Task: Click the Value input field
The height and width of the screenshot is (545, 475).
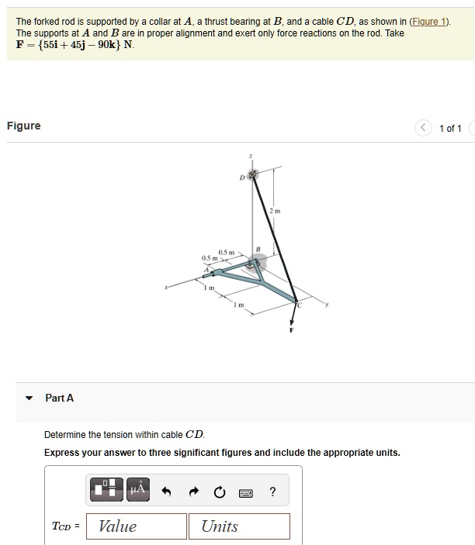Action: (x=137, y=526)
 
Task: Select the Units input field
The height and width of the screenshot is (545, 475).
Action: (x=239, y=526)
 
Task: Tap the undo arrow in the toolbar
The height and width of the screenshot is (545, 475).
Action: (x=166, y=491)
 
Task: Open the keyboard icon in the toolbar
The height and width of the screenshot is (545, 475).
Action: (x=245, y=492)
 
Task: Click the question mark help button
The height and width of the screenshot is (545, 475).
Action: (x=272, y=491)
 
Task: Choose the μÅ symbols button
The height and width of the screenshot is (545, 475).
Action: (x=137, y=488)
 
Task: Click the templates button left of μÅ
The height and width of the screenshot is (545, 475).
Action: (x=108, y=488)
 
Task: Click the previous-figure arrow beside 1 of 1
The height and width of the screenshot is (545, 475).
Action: (x=422, y=128)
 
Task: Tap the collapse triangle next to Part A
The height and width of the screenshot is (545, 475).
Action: (x=29, y=398)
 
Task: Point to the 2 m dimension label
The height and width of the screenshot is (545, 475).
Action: (x=274, y=211)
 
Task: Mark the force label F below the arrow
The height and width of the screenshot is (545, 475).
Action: (x=292, y=331)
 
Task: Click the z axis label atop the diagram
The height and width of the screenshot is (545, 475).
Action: (x=250, y=157)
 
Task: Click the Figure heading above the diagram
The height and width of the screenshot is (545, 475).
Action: (x=23, y=126)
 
